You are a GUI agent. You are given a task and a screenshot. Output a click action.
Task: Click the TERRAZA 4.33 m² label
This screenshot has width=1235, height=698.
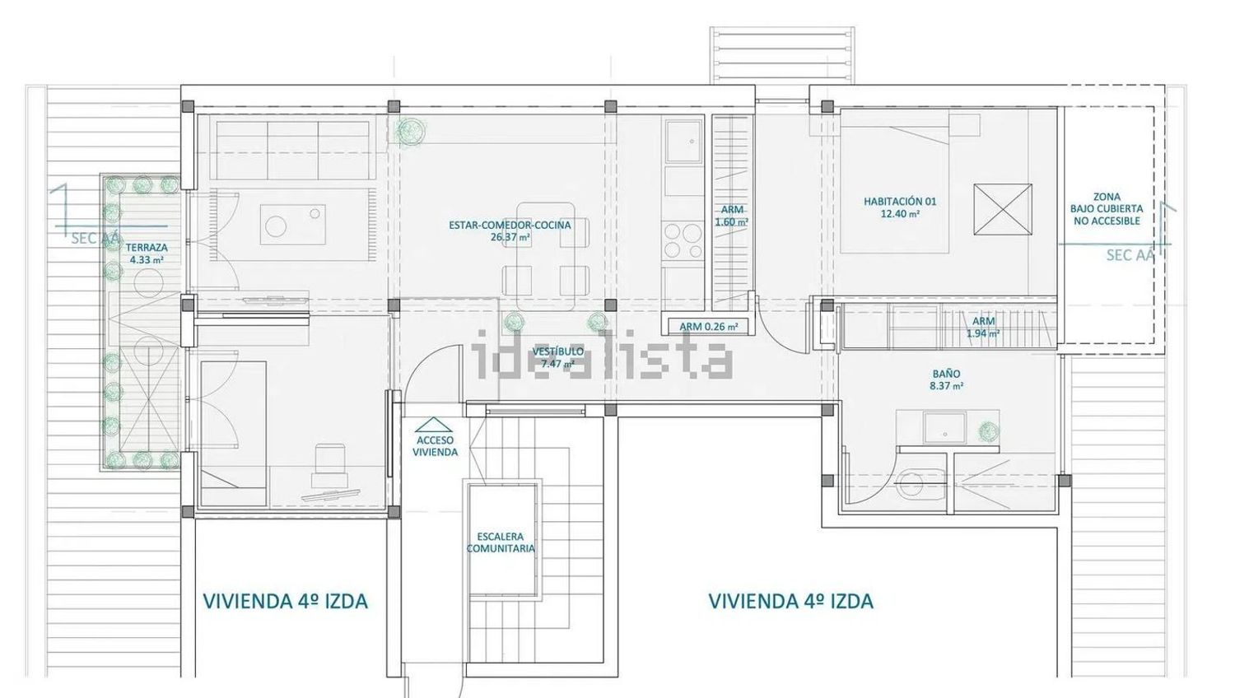146,254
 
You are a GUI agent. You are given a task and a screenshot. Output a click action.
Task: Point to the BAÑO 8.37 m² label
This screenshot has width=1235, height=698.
947,380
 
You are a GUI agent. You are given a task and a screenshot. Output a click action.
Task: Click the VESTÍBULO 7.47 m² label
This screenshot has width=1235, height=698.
558,357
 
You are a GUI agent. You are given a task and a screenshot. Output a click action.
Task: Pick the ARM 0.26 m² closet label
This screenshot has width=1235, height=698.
708,327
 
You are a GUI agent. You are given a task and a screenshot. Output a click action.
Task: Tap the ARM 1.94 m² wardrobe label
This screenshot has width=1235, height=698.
984,327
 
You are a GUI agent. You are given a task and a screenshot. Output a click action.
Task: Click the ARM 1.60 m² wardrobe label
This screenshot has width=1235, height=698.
732,216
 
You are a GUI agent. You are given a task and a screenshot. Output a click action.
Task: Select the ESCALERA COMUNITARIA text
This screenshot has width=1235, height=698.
501,542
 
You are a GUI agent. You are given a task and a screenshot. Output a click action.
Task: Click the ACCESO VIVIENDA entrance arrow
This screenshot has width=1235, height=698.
433,425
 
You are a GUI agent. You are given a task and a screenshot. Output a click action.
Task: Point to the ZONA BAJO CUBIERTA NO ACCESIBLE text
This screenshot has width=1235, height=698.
1107,209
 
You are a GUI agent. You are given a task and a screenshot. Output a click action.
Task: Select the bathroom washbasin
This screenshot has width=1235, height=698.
944,428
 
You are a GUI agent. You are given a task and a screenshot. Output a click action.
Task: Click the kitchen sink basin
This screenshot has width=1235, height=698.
683,141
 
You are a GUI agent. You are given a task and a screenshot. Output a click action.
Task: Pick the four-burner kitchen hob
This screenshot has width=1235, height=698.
683,241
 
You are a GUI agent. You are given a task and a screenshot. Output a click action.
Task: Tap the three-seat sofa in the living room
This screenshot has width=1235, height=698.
293,150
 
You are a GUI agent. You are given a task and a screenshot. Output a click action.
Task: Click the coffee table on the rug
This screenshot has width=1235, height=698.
292,225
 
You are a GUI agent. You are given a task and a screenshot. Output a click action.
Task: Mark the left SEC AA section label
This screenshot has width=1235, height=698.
96,238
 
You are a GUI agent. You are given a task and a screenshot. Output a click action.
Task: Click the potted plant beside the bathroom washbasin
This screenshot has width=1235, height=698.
989,431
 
